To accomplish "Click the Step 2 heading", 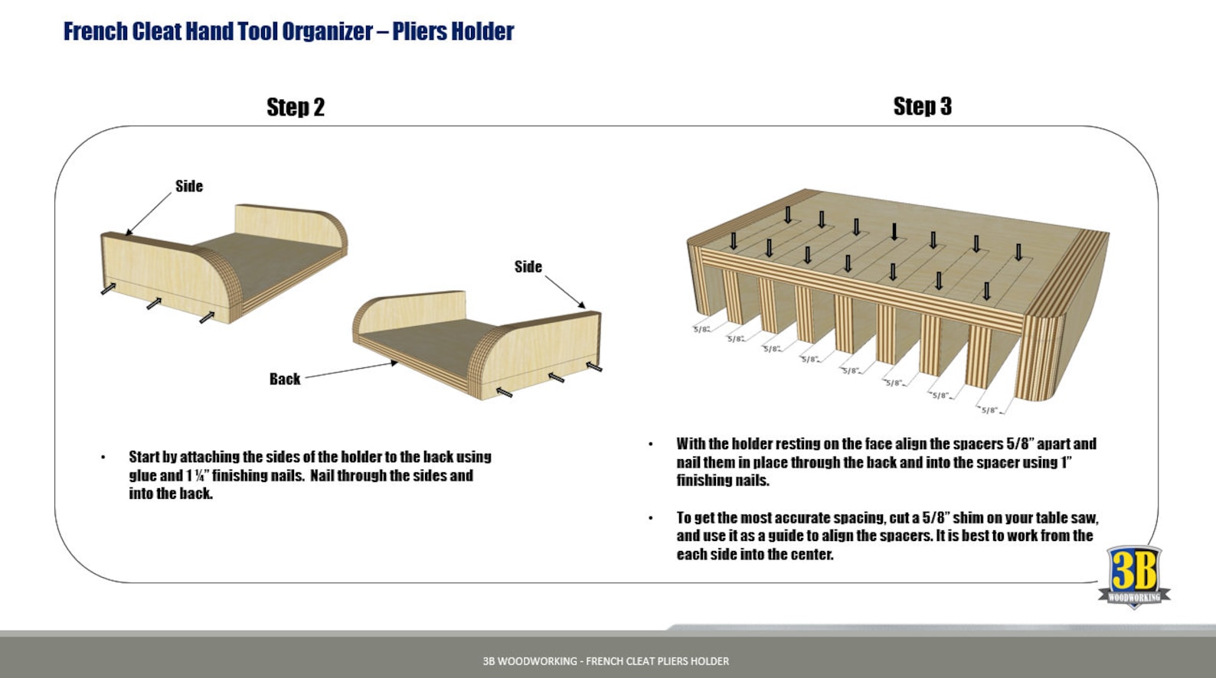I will tap(296, 107).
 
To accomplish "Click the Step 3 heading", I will tap(922, 106).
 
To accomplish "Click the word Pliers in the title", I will tap(419, 31).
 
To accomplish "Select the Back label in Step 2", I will tap(284, 379).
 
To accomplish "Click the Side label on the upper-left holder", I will tap(189, 186).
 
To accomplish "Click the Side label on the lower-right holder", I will tap(528, 266).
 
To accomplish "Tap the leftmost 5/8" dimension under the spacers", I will tap(701, 329).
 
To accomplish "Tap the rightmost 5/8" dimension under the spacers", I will tap(989, 410).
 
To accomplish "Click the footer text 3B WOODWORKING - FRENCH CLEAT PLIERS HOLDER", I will tap(606, 661).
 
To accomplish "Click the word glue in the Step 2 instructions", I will tap(142, 475).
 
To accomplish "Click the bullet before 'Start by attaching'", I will tap(103, 458).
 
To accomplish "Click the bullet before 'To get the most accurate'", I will tap(651, 518).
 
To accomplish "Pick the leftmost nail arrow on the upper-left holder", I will tap(109, 288).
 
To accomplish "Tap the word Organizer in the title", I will tap(327, 31).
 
